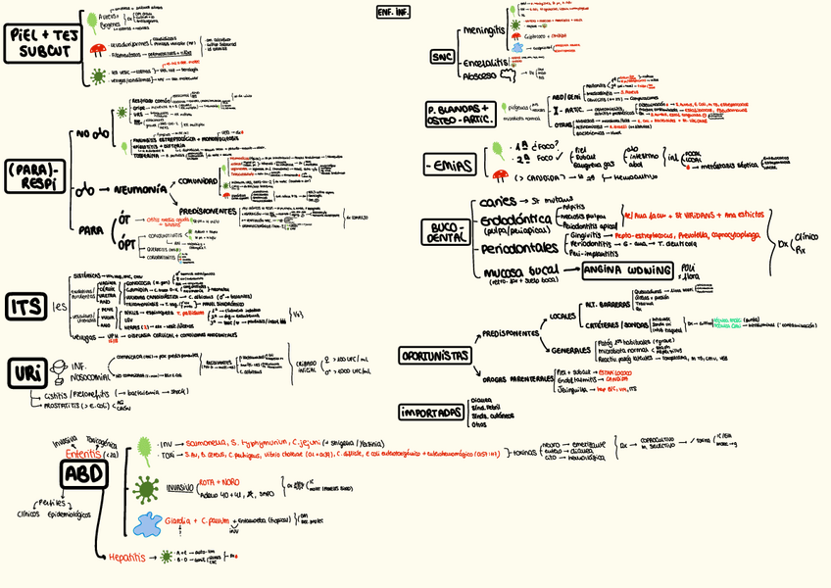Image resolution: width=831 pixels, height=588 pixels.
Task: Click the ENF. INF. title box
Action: point(393,13)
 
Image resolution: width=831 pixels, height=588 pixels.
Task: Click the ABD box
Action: point(85,474)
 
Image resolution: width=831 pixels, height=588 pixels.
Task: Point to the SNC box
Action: point(442,57)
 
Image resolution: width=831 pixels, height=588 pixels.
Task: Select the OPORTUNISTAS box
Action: point(434,355)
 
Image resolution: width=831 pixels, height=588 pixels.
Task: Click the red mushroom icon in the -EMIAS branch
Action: point(501,175)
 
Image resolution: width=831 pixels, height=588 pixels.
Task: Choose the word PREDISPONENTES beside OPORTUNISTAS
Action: point(511,333)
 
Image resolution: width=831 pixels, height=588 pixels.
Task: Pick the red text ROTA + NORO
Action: point(218,482)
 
